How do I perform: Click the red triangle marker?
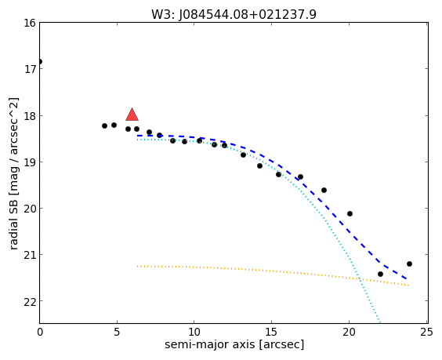click(x=132, y=115)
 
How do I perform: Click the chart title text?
click(x=234, y=14)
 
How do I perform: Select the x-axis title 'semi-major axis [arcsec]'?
click(x=234, y=344)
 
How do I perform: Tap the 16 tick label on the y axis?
click(x=30, y=23)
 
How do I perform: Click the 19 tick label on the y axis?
click(x=30, y=162)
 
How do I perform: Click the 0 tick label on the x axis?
click(x=40, y=333)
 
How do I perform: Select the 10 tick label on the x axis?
click(x=194, y=333)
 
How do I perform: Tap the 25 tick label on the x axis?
click(x=426, y=333)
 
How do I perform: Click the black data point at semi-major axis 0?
click(x=40, y=61)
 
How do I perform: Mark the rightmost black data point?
click(x=409, y=264)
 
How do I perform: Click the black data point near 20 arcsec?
click(x=350, y=213)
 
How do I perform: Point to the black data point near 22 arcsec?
click(x=380, y=274)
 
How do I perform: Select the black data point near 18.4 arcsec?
click(x=324, y=190)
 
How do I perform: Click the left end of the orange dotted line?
click(x=137, y=266)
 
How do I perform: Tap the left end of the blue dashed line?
click(x=137, y=136)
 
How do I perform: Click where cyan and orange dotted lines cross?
click(x=360, y=279)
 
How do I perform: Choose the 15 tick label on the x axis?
click(x=271, y=333)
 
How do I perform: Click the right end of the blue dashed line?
click(x=407, y=278)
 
